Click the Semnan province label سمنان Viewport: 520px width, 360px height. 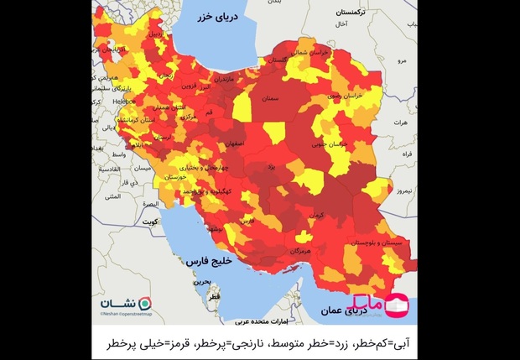tap(269, 98)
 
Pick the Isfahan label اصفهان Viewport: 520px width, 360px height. tap(236, 143)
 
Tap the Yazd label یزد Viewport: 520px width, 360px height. tap(271, 168)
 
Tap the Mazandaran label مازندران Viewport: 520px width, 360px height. tap(226, 78)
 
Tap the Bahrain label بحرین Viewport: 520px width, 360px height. tap(201, 282)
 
